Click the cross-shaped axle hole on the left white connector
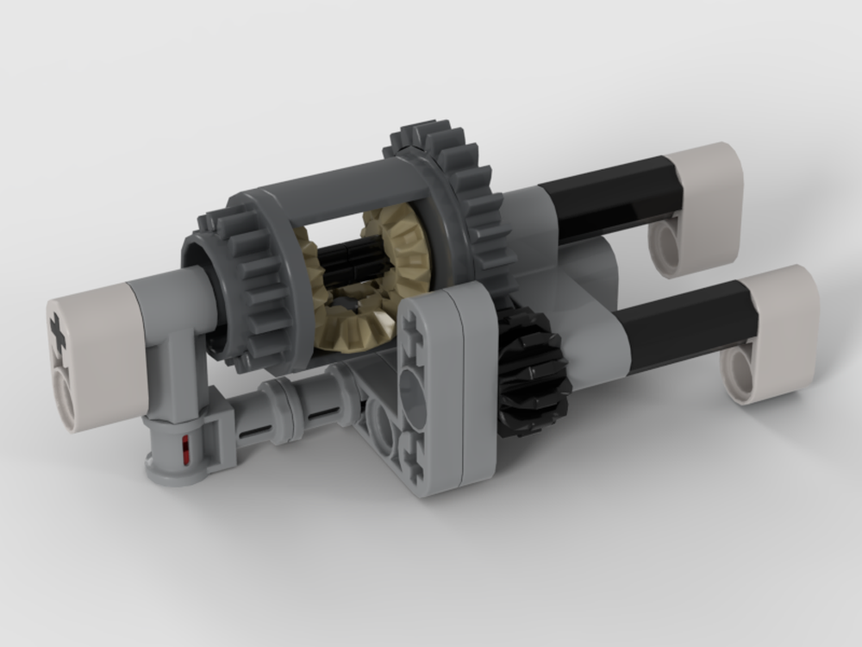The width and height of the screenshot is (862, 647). [x=59, y=332]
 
